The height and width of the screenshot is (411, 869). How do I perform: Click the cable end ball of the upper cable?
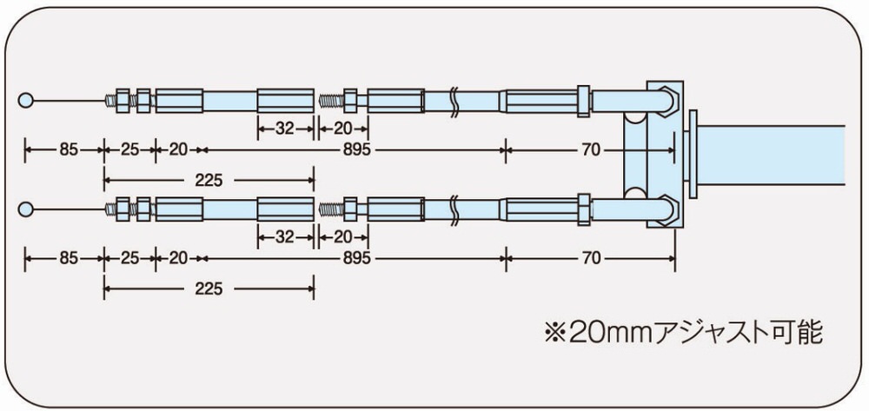pos(25,100)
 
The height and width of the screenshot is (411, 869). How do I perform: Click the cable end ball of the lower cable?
pos(25,209)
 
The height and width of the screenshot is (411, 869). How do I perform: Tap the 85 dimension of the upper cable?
pos(68,150)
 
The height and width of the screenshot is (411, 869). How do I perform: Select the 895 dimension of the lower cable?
pos(356,259)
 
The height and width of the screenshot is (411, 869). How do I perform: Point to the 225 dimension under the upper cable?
pos(209,180)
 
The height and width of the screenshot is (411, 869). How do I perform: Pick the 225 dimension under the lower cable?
pos(209,288)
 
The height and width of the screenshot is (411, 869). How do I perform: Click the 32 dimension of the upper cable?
pos(284,129)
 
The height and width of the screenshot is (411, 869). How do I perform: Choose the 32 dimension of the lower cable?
pos(284,237)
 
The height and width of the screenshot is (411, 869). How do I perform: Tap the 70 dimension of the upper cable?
pos(591,150)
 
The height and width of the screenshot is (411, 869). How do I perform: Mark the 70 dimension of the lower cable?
pos(591,259)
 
